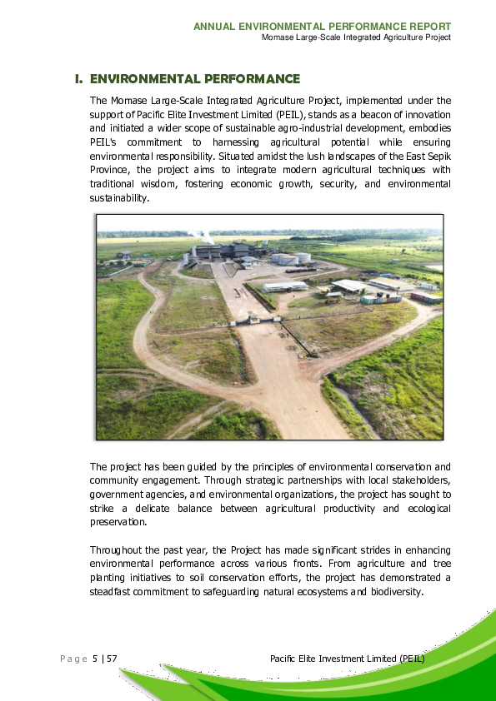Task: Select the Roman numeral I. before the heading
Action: [79, 79]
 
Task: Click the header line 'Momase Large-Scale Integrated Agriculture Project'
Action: [356, 37]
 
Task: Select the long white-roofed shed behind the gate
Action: [285, 287]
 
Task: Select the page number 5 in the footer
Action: [95, 659]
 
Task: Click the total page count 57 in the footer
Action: [111, 659]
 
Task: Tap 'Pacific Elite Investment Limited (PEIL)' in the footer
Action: [348, 659]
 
